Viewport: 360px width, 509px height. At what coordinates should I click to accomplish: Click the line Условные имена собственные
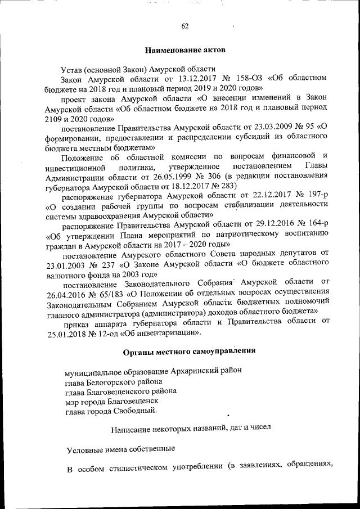coord(120,449)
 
